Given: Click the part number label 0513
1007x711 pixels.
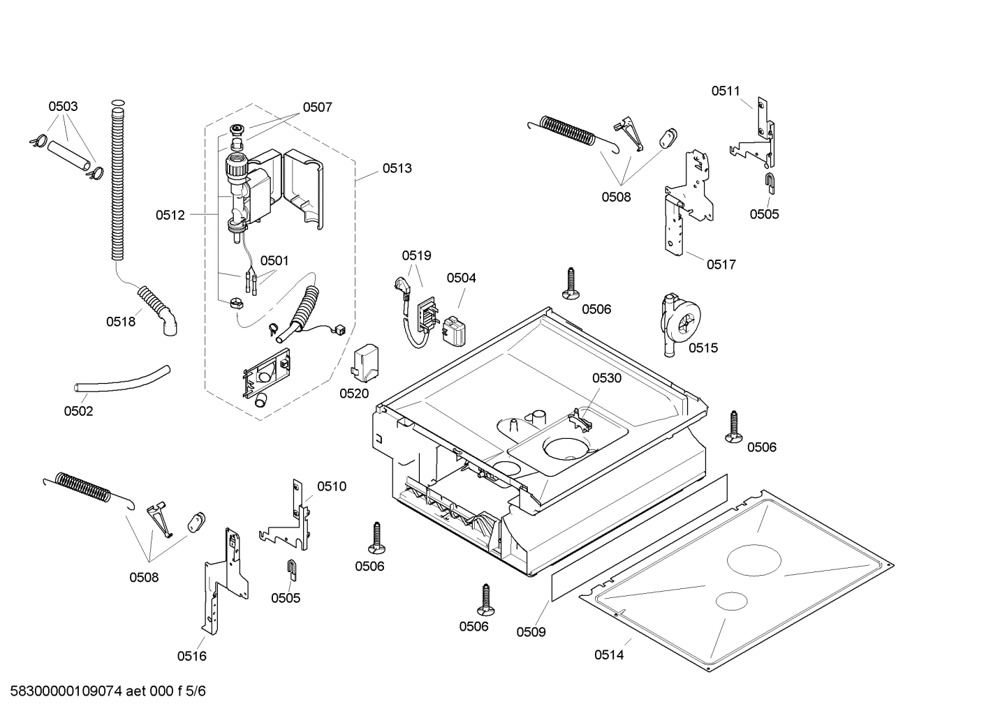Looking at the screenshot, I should click(397, 168).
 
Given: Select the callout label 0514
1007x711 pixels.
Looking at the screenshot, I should click(609, 654).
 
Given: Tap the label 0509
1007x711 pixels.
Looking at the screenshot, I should click(531, 632).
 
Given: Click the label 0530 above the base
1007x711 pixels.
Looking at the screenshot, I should click(606, 378).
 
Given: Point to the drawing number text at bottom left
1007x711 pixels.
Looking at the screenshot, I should click(103, 691).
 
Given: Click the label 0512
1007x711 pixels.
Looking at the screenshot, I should click(170, 215).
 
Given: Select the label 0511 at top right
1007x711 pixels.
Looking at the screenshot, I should click(726, 91).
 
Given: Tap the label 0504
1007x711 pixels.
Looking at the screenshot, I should click(461, 278).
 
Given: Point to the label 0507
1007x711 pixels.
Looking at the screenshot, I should click(317, 107).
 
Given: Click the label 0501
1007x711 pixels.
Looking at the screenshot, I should click(274, 260).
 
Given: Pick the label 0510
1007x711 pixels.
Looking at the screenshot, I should click(331, 486).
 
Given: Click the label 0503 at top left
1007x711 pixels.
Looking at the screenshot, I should click(63, 107).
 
